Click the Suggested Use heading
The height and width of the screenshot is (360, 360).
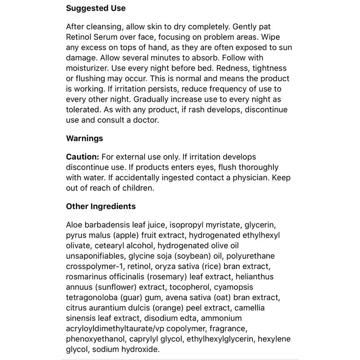96,9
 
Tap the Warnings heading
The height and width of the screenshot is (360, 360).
85,138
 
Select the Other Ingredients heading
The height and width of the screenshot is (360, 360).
101,207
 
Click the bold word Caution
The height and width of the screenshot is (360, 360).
83,157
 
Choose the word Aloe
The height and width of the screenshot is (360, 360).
75,225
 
